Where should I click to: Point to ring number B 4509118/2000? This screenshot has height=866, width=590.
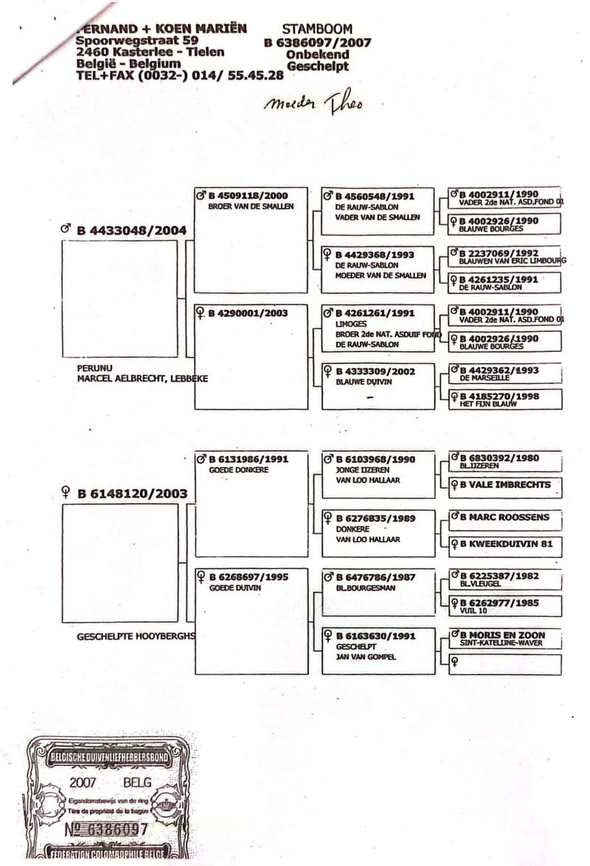(246, 196)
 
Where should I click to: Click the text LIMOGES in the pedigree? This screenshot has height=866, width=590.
(351, 324)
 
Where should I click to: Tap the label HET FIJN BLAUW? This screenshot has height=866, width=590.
(486, 404)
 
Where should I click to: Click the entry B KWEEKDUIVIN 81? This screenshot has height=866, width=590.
(504, 546)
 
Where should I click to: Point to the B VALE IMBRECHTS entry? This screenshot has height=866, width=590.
(505, 485)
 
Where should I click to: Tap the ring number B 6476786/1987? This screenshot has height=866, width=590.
(375, 579)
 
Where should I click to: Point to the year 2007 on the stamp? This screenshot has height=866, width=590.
(81, 781)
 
